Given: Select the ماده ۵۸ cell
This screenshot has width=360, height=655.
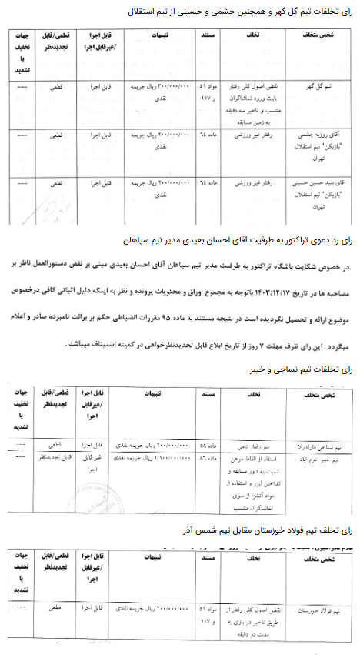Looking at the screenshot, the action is tap(210, 444).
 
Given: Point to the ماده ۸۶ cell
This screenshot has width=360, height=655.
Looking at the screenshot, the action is tap(210, 456).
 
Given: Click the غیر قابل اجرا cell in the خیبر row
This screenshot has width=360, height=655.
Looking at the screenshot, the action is tap(92, 462).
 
